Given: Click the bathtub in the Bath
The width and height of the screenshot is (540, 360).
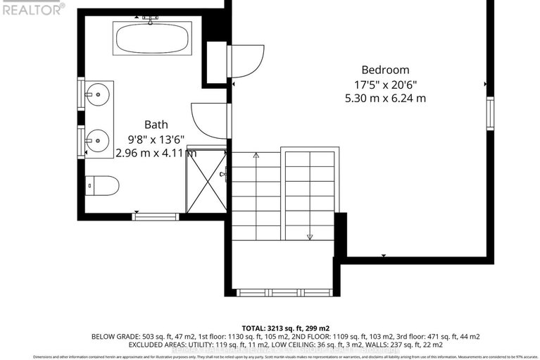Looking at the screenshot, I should [x=153, y=38].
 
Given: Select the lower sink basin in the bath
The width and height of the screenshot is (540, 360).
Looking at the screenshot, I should [x=99, y=141].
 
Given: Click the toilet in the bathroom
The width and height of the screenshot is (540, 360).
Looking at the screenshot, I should [x=103, y=185].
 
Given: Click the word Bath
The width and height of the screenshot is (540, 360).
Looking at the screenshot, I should [x=156, y=124].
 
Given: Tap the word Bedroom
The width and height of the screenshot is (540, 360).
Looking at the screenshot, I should [x=384, y=70].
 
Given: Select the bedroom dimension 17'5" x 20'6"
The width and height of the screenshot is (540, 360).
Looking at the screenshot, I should [x=385, y=84].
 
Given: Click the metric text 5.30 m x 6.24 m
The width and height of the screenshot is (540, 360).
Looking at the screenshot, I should [x=385, y=98].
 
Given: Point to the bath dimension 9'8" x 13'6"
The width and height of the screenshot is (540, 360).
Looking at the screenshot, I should [x=156, y=138].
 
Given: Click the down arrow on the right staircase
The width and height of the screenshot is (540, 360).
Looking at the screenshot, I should [x=309, y=236].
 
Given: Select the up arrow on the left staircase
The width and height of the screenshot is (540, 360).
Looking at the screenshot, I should [x=256, y=155].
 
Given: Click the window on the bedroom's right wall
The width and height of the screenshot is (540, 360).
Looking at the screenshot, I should [x=490, y=113].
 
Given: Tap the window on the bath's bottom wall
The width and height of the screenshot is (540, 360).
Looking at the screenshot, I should [x=156, y=216].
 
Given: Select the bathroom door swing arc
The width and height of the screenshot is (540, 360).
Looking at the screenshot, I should [x=211, y=120].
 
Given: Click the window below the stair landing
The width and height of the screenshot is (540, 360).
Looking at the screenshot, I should [x=284, y=292].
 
